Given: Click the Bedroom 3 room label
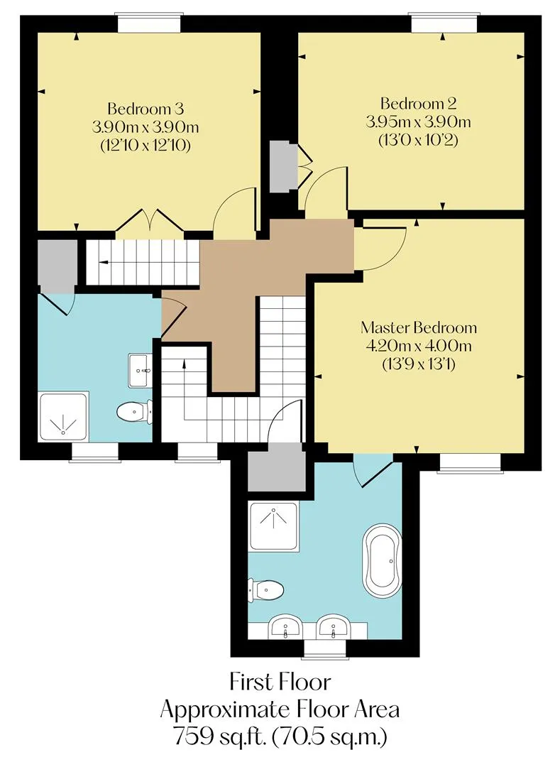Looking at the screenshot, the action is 145,108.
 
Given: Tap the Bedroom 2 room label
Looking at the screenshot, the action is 418,103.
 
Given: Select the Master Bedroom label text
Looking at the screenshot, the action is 418,327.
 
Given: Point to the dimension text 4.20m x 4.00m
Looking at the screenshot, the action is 418,346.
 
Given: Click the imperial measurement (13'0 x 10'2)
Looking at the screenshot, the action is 418,141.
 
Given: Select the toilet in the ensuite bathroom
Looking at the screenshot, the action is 265,590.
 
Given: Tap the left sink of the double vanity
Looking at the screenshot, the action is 285,626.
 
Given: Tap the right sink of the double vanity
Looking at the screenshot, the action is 333,626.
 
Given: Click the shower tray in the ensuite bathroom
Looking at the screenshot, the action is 274,526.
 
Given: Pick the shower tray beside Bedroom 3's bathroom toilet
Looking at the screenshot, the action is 64,415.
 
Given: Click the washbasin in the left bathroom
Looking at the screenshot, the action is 140,371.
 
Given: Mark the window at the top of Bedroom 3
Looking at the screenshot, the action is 149,23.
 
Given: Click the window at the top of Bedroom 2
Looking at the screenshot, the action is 444,23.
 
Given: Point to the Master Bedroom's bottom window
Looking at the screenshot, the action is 471,463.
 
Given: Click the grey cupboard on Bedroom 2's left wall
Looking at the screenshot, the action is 284,167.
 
